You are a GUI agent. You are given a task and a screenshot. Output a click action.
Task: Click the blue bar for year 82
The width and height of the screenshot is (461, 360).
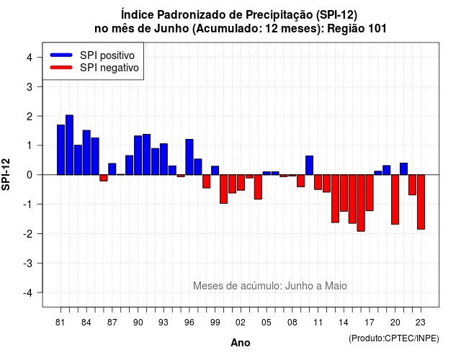point(69,145)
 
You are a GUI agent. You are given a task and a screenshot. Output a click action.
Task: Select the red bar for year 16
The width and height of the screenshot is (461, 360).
point(361,203)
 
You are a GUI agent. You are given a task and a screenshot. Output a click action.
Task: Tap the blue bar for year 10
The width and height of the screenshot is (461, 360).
point(309,165)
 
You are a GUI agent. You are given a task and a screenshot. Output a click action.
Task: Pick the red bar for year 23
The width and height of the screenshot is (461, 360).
point(421,202)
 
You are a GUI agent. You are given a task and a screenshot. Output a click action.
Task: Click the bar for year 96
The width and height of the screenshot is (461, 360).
point(189,157)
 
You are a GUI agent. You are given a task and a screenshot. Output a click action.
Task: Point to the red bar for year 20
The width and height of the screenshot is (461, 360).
point(395,199)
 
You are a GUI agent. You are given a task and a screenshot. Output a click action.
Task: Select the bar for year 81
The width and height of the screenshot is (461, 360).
point(61,150)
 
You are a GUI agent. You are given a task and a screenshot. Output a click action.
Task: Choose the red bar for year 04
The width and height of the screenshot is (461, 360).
point(258,187)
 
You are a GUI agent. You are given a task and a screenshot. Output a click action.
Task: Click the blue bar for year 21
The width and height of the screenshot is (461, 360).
point(403,169)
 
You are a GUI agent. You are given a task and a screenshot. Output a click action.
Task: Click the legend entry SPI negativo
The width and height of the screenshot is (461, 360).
point(94,68)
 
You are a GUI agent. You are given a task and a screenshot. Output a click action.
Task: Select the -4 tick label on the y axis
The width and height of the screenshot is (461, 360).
point(28,293)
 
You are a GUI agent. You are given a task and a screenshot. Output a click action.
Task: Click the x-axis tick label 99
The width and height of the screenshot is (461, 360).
point(215,323)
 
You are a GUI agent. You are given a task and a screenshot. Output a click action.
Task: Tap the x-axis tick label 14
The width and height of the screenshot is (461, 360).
point(344,323)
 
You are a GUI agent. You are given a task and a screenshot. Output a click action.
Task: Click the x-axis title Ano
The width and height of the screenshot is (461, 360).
point(241,343)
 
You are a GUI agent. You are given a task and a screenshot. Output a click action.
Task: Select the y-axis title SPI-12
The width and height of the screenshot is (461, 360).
point(6,174)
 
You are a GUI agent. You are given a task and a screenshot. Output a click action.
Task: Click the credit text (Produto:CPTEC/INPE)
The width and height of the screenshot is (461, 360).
point(394,338)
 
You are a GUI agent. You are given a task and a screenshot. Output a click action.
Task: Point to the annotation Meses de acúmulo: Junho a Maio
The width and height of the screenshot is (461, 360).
point(270,286)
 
